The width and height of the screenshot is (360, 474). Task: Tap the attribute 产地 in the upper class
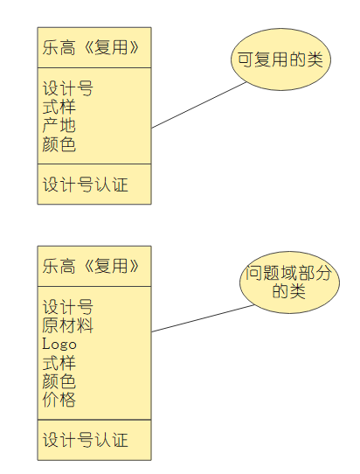(59, 126)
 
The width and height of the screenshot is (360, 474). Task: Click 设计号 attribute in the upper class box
(67, 89)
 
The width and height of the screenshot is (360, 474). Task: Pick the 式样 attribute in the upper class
(59, 108)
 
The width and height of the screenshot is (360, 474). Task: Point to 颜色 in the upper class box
(59, 144)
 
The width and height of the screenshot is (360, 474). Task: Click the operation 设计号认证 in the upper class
(85, 185)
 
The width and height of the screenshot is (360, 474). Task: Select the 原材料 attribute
(67, 326)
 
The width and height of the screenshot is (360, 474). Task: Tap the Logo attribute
(59, 345)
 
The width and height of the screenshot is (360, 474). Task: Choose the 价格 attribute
(59, 400)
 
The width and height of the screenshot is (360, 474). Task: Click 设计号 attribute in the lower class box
(67, 308)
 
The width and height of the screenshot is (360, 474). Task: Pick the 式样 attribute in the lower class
(59, 363)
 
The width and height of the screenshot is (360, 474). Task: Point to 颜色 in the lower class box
(59, 381)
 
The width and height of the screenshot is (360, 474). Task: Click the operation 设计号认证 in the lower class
(85, 439)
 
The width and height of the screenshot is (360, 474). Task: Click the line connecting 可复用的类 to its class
(199, 105)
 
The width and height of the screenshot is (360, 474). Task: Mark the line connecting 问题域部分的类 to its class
(203, 319)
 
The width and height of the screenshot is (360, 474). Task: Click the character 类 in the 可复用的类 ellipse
(315, 59)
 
